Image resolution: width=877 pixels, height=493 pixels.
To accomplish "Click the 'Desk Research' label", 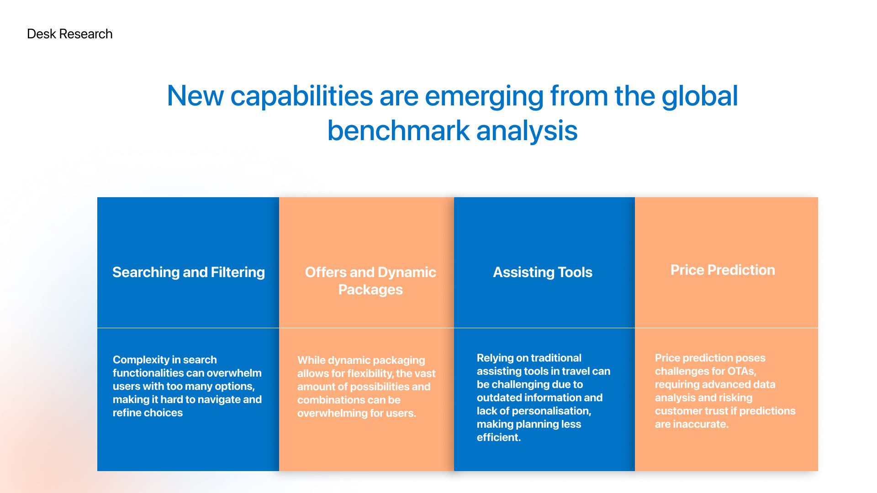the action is (69, 34).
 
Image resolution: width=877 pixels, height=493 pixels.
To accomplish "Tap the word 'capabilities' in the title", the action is (301, 97).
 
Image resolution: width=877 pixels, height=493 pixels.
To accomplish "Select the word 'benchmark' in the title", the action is (398, 131).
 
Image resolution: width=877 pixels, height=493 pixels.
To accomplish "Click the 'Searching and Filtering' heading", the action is (189, 272).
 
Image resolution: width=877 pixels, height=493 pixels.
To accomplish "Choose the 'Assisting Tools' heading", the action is (543, 272).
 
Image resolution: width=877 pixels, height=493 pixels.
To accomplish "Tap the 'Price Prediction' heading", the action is (723, 270).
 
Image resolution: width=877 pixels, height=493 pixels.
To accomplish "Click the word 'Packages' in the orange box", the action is (370, 289).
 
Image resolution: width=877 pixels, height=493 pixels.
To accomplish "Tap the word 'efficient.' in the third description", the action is (499, 437).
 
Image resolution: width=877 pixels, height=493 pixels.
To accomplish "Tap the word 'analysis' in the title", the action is (527, 131).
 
